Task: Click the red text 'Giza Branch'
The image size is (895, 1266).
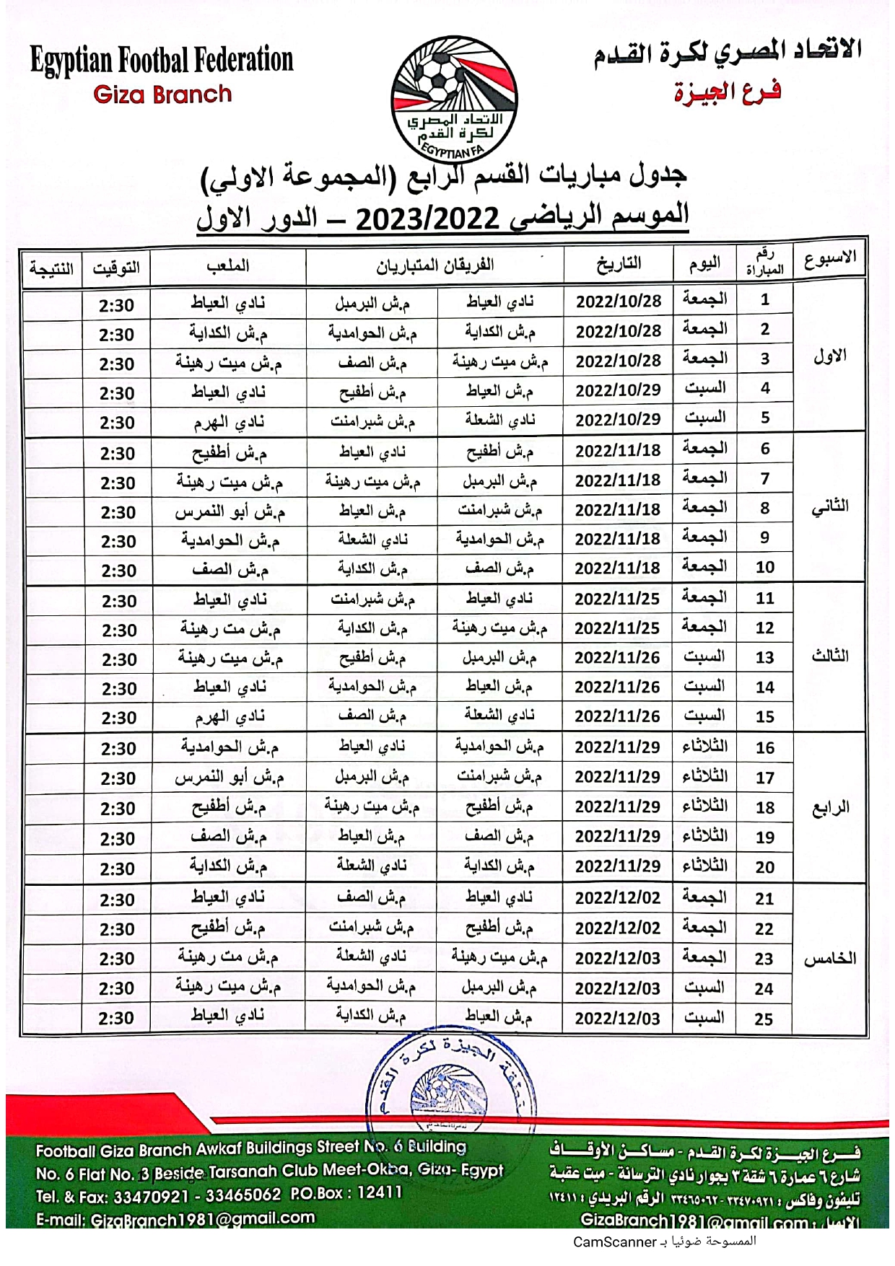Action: click(162, 94)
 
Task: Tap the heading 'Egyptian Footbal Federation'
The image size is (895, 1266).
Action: click(162, 60)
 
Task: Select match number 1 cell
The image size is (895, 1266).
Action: click(764, 299)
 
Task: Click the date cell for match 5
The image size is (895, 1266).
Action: click(618, 419)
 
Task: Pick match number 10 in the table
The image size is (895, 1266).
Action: click(764, 567)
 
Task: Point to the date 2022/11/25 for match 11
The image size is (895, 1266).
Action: click(618, 598)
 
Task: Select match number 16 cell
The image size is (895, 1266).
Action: click(764, 747)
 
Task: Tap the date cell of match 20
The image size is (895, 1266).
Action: click(618, 866)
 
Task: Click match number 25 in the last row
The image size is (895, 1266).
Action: click(764, 1019)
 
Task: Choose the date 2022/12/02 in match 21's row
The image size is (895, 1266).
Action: click(618, 898)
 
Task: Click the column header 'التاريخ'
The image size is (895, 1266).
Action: click(619, 264)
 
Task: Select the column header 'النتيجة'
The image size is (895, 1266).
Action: click(51, 268)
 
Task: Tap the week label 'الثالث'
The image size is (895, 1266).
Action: click(830, 656)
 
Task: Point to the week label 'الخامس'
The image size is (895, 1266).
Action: click(830, 959)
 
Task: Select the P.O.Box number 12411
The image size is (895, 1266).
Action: click(379, 1192)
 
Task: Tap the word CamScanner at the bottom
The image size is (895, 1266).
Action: click(614, 1241)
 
